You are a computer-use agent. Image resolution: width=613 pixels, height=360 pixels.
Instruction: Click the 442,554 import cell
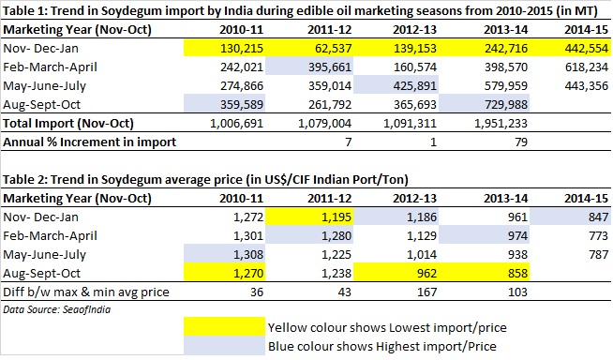(x=587, y=49)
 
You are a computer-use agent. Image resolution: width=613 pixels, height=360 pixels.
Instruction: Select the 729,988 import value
(x=506, y=105)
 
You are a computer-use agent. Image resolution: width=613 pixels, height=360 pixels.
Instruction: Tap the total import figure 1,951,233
(x=501, y=124)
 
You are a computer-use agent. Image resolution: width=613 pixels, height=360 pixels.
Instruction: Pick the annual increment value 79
(x=521, y=142)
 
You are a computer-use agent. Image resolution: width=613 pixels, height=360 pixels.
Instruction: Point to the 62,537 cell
(x=334, y=49)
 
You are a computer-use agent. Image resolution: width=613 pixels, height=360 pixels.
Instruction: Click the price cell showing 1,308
(x=248, y=255)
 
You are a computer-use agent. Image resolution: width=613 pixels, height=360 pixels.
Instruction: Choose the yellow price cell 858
(x=517, y=273)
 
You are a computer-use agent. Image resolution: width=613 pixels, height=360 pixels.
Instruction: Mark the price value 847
(x=598, y=217)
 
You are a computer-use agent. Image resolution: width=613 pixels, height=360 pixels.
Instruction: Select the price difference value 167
(x=426, y=292)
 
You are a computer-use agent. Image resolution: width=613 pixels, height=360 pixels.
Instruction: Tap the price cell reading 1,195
(x=336, y=217)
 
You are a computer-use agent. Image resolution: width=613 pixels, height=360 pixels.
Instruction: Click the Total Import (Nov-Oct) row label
(x=68, y=124)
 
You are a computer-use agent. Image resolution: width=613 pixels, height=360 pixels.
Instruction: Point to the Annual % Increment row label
(x=90, y=142)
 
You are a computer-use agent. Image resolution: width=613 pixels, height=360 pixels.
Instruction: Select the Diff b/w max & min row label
(x=86, y=292)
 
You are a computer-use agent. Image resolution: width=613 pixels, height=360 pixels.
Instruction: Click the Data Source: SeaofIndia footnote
(x=56, y=309)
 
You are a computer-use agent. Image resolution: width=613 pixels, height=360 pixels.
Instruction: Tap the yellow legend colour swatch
(x=224, y=326)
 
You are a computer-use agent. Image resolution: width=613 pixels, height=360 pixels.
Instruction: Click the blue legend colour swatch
(x=224, y=345)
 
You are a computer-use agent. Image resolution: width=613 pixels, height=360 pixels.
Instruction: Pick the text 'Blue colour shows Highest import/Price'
(x=381, y=346)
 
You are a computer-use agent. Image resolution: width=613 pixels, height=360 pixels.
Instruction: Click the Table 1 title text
(x=300, y=11)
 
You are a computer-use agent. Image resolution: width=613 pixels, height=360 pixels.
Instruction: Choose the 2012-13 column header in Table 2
(x=414, y=199)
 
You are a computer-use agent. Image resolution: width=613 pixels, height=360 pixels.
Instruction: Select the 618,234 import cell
(x=587, y=67)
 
